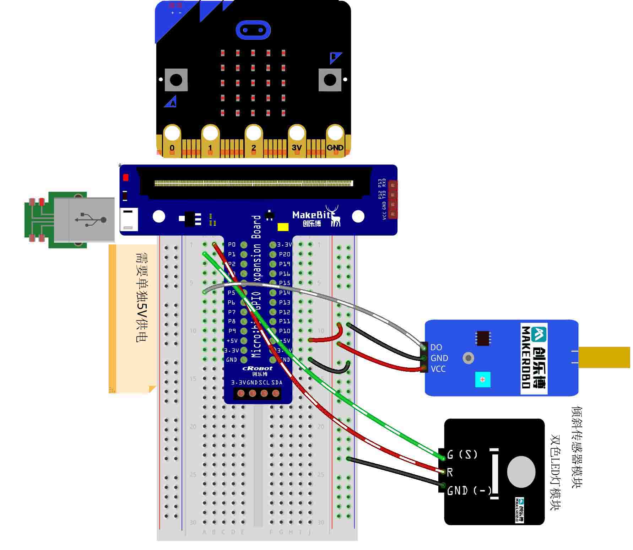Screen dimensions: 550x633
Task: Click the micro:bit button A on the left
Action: [x=176, y=80]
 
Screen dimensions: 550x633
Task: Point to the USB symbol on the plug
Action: [x=91, y=220]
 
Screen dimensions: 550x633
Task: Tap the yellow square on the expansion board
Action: [x=283, y=227]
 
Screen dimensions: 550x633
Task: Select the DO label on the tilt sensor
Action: [x=436, y=347]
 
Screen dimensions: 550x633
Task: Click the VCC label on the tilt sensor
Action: [x=438, y=369]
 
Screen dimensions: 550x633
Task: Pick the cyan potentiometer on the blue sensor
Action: [x=482, y=379]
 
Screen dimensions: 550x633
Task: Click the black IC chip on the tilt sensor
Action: [x=483, y=338]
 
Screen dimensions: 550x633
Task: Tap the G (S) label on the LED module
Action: [x=462, y=454]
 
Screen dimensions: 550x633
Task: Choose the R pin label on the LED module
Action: [x=450, y=472]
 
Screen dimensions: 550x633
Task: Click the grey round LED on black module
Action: [x=521, y=472]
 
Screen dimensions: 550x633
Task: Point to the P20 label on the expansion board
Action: [x=285, y=254]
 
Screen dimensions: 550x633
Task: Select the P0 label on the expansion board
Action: [x=232, y=244]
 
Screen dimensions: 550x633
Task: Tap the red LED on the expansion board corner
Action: [x=125, y=177]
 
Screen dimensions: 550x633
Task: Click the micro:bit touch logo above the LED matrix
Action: [x=253, y=30]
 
